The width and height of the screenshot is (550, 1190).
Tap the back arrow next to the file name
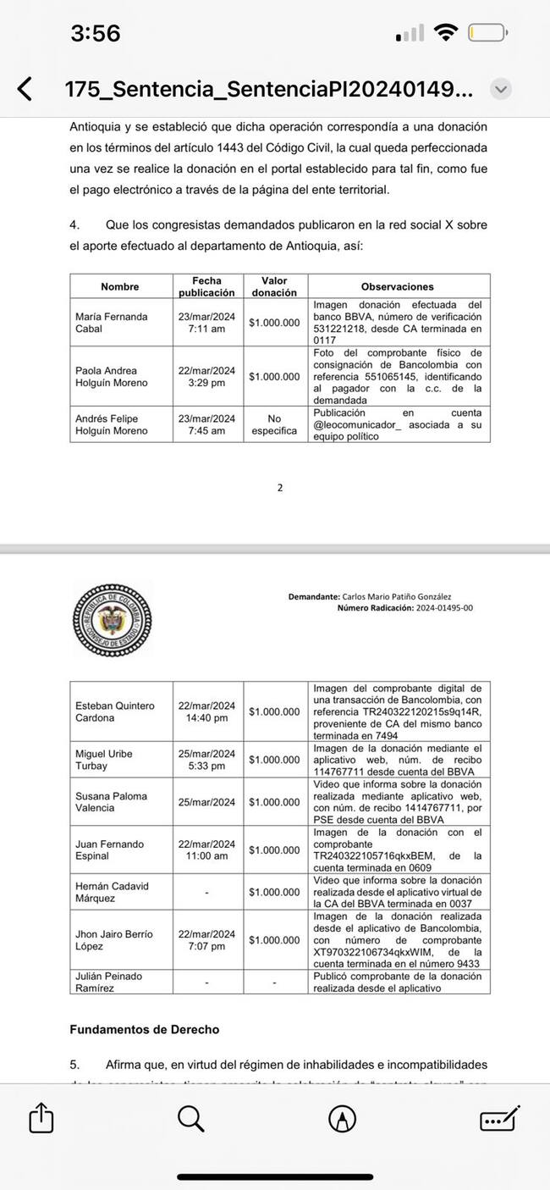click(25, 88)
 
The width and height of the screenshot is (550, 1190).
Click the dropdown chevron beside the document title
click(501, 88)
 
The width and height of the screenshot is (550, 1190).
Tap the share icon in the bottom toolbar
click(41, 1119)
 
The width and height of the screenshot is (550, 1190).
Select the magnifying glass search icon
click(191, 1119)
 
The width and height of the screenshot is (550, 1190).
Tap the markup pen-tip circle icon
click(342, 1119)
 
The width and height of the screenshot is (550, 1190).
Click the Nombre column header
click(119, 286)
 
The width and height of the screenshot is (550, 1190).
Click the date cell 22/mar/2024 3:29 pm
click(206, 376)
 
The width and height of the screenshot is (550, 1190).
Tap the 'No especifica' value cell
click(274, 424)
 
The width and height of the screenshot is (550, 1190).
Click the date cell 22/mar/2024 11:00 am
click(206, 850)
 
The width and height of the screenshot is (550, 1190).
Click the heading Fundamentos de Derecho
click(144, 1030)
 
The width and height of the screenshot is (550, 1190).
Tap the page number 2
click(280, 488)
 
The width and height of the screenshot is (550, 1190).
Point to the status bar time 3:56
click(96, 34)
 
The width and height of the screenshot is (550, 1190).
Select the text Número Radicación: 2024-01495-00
click(404, 608)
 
